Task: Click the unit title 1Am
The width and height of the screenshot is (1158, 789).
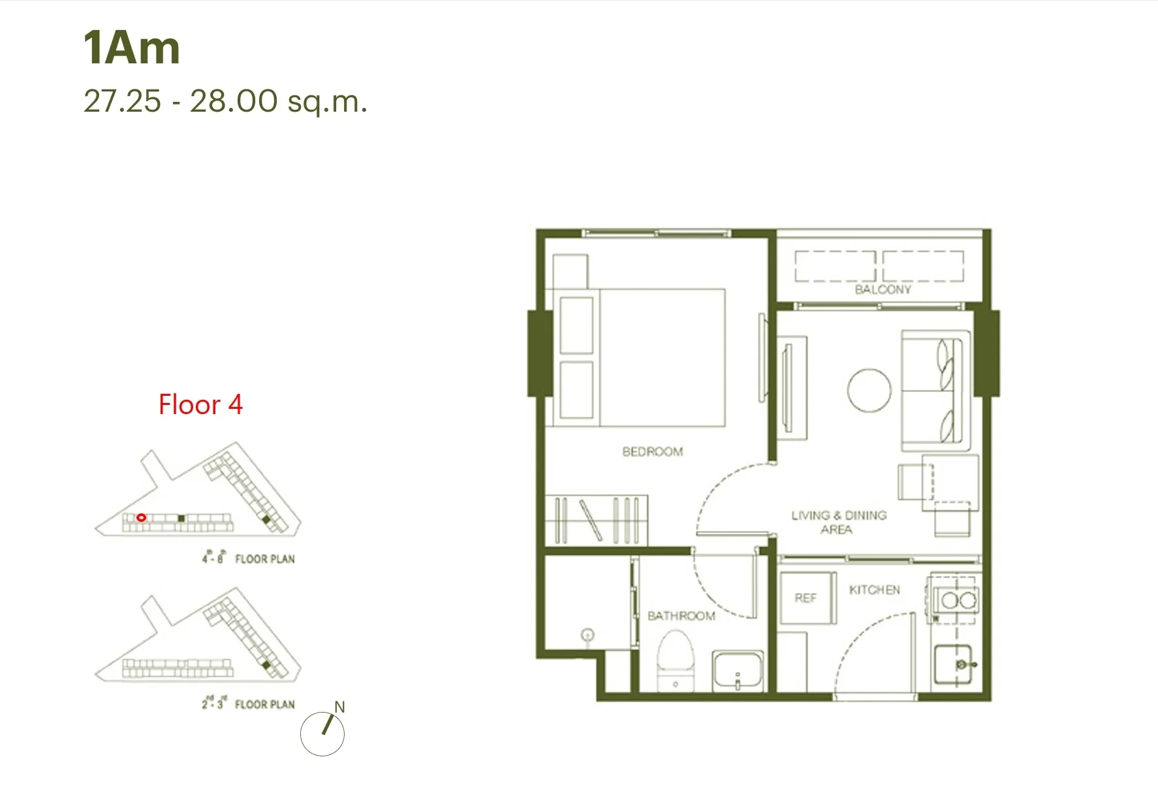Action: [131, 48]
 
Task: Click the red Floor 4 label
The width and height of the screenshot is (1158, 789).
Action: [200, 405]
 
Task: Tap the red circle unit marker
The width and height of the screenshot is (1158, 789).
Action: [141, 517]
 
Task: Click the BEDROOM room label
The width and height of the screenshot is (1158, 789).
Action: [652, 451]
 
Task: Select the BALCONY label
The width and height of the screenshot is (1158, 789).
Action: [883, 289]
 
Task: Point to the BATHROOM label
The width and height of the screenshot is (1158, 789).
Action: [681, 616]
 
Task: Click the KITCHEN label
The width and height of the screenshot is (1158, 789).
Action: [874, 590]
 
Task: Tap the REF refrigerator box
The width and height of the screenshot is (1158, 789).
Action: [808, 598]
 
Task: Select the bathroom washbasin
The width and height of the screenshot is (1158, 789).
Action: [738, 670]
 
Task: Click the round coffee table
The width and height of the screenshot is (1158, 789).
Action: [869, 390]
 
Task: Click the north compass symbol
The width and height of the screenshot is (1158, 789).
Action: [322, 733]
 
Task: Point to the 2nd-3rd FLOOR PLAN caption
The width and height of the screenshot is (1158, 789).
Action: [248, 703]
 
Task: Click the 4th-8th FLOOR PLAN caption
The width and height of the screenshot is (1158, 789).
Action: [248, 558]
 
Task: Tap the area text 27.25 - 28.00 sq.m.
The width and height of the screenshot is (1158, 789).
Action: [225, 101]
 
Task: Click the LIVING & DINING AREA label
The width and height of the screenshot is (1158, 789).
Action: [838, 522]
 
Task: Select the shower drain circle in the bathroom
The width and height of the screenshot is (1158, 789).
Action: [587, 634]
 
